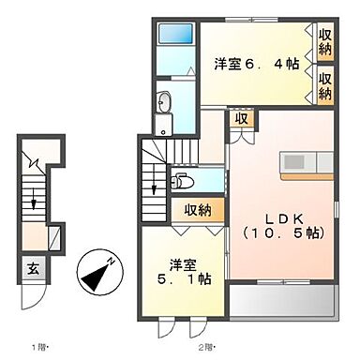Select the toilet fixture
point(180,182)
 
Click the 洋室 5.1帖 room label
point(173,270)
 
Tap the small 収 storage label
point(242,119)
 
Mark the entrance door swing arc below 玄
point(35,302)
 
